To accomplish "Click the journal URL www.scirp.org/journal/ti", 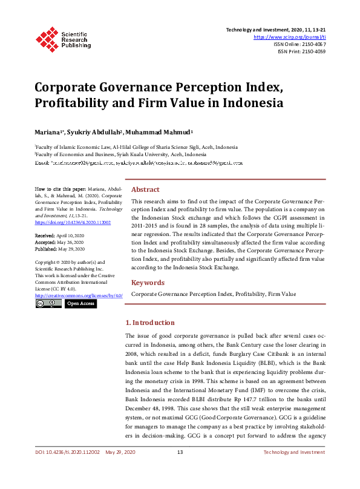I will tap(289, 37).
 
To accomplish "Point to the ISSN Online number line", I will tap(299, 44).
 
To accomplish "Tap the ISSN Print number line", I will tap(301, 51).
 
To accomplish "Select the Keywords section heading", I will tap(148, 283).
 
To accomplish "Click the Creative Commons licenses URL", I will tap(79, 295).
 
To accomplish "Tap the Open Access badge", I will tap(80, 303).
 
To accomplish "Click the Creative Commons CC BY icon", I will tap(48, 303).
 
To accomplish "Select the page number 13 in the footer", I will tap(180, 470).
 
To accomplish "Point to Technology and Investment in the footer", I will tap(294, 470).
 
